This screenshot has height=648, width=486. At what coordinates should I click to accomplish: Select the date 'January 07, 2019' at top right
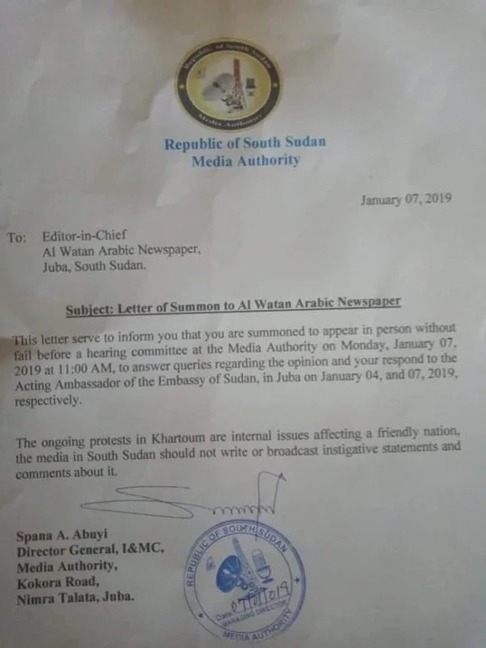click(x=407, y=200)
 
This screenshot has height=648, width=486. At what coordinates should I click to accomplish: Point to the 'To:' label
click(x=17, y=239)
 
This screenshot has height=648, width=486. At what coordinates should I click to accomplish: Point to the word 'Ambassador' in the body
click(x=98, y=386)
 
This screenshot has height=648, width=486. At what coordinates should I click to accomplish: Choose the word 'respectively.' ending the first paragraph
click(x=51, y=403)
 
